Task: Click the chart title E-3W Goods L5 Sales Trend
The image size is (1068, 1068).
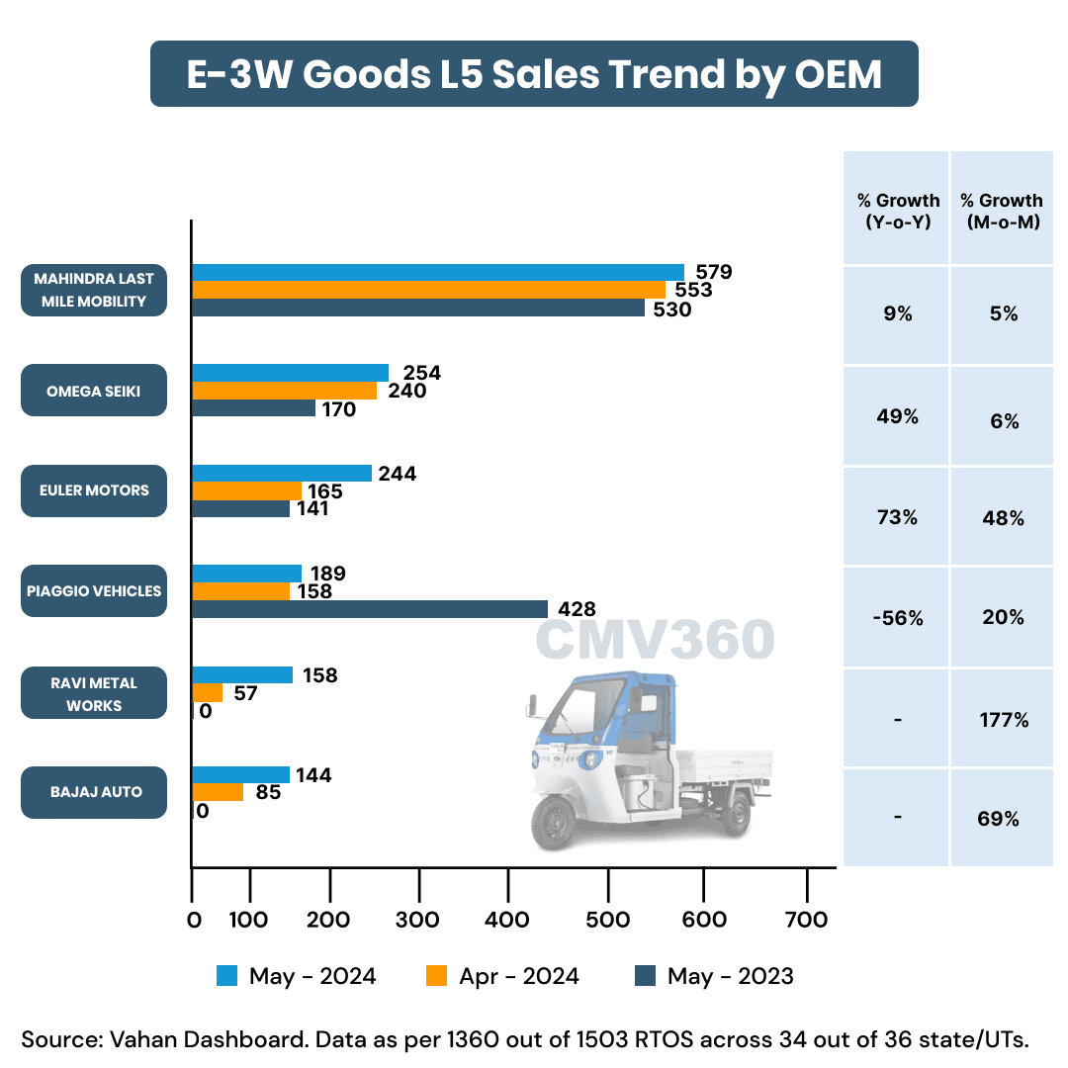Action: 534,74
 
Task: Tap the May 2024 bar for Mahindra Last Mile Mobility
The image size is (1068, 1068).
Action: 437,272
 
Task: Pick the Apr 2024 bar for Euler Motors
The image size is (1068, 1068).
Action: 246,490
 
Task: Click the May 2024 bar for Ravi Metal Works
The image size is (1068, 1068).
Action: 242,675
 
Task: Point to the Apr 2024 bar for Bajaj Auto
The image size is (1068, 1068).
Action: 218,792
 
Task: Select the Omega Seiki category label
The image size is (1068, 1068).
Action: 94,391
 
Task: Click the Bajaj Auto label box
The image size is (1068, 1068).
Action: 94,792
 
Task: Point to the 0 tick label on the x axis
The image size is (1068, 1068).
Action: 194,920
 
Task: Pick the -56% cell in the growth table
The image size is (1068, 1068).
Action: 896,618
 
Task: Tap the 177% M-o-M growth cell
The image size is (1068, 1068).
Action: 1003,720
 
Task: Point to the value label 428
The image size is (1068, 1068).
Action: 575,610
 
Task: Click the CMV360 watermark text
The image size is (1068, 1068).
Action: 655,641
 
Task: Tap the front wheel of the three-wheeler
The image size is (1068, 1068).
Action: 555,823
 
